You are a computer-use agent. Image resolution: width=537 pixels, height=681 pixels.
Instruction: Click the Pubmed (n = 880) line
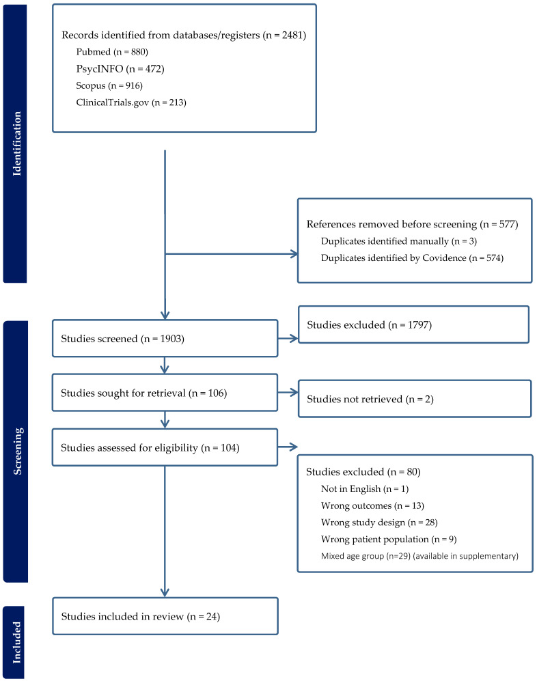(112, 52)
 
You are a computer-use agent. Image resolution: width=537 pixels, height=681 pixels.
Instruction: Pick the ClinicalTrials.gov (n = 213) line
(131, 103)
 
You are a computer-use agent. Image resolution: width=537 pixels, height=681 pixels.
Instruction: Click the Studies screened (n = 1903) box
(165, 338)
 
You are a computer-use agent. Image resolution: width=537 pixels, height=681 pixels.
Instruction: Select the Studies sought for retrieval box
(165, 393)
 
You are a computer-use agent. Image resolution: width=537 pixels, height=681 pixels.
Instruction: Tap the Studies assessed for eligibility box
(165, 447)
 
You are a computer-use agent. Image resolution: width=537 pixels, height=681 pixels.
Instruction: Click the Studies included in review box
(165, 617)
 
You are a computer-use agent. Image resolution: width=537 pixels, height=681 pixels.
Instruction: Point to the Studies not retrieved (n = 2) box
(414, 398)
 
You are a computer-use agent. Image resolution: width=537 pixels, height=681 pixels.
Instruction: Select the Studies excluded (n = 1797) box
(413, 324)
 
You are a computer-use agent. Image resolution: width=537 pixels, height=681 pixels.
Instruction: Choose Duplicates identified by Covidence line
(412, 258)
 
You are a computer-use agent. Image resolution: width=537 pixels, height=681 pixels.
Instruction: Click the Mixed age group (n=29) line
(419, 556)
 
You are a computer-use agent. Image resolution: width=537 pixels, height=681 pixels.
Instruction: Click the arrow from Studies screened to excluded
(288, 338)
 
